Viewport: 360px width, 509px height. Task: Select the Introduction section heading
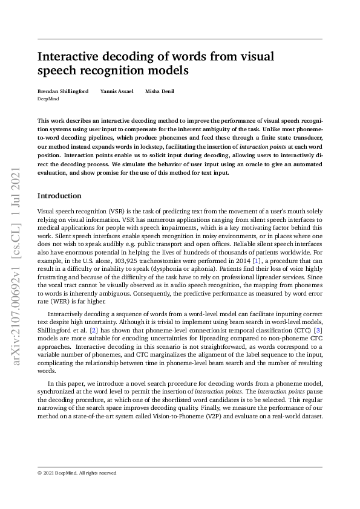click(59, 196)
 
